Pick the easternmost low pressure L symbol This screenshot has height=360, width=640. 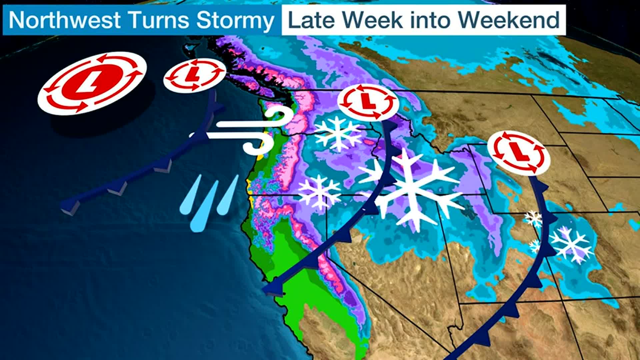[x=518, y=152]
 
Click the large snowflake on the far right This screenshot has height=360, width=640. [x=571, y=244]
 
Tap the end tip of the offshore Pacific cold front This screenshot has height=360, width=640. [x=67, y=204]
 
